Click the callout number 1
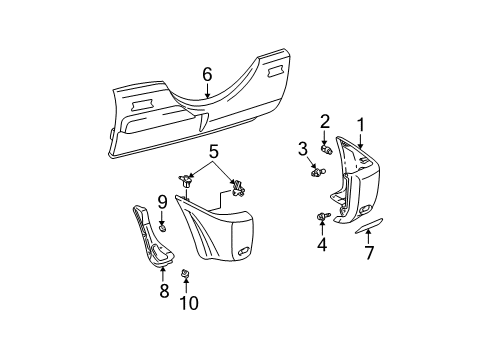tap(360, 124)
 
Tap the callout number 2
tap(325, 121)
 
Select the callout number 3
tap(302, 148)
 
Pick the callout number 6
tap(207, 73)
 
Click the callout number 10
tap(186, 301)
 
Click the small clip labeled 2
tap(325, 149)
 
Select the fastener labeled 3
tap(317, 171)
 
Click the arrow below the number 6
tap(207, 92)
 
